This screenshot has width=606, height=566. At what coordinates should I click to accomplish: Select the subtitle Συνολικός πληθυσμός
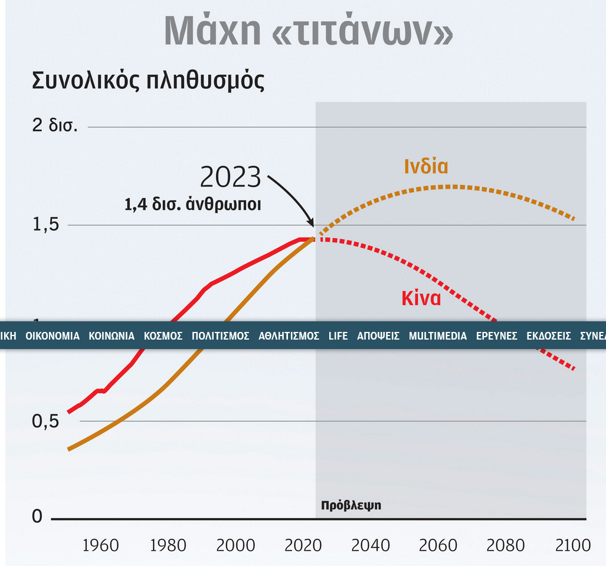point(148,80)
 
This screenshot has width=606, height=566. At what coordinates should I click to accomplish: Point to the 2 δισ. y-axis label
point(55,126)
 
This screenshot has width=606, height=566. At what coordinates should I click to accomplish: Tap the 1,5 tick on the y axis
point(46,225)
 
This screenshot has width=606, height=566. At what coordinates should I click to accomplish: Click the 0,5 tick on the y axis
point(46,421)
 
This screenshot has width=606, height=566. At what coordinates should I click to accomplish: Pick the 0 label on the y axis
point(37,516)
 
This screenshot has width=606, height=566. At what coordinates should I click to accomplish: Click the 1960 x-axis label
point(100,545)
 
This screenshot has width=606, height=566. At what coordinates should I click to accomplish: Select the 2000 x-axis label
point(235,545)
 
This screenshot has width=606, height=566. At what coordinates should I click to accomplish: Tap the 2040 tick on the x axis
point(371,545)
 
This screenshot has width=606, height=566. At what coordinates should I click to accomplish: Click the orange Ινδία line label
point(426,166)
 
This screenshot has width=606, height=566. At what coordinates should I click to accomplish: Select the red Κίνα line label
point(421,298)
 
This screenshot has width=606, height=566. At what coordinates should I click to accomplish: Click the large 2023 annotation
point(231,176)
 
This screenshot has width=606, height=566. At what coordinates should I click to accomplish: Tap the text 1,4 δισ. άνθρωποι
point(193,205)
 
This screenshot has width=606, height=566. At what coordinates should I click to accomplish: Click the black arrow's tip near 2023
point(313,226)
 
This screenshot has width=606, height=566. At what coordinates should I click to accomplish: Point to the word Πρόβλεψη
point(351,505)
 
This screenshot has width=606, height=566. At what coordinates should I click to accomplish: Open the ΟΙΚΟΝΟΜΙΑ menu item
point(53,336)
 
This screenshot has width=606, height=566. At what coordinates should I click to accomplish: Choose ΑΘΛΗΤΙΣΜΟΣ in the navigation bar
point(289,336)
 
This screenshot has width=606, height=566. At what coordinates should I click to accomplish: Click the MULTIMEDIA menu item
point(438,336)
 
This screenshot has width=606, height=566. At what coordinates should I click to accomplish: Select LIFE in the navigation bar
point(338,336)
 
